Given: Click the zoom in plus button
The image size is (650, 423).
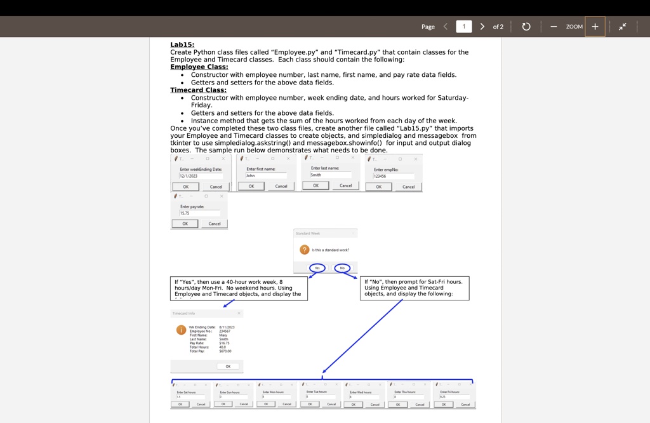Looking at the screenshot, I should [x=595, y=27].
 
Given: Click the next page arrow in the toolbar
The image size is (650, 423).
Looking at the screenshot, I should [x=482, y=27].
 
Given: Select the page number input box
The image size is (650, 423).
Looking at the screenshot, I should [x=463, y=27].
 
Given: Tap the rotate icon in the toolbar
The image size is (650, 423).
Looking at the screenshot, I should [x=526, y=27].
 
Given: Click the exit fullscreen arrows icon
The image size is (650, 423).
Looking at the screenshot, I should [x=623, y=27].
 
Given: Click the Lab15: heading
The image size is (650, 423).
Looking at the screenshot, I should [x=182, y=44].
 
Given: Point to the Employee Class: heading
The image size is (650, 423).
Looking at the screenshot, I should [x=199, y=67].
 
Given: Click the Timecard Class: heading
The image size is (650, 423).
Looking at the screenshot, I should [x=198, y=90].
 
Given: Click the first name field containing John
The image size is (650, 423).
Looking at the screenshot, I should [x=266, y=175].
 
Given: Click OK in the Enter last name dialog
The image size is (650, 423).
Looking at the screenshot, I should [x=315, y=185].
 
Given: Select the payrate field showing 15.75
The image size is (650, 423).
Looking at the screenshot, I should [x=199, y=213].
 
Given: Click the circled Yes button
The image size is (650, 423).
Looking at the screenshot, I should [x=317, y=268].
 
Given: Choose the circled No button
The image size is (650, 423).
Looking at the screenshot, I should [x=342, y=268].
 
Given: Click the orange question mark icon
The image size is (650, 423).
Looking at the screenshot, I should [x=304, y=250].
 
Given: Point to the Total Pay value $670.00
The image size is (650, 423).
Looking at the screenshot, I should [x=225, y=351].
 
